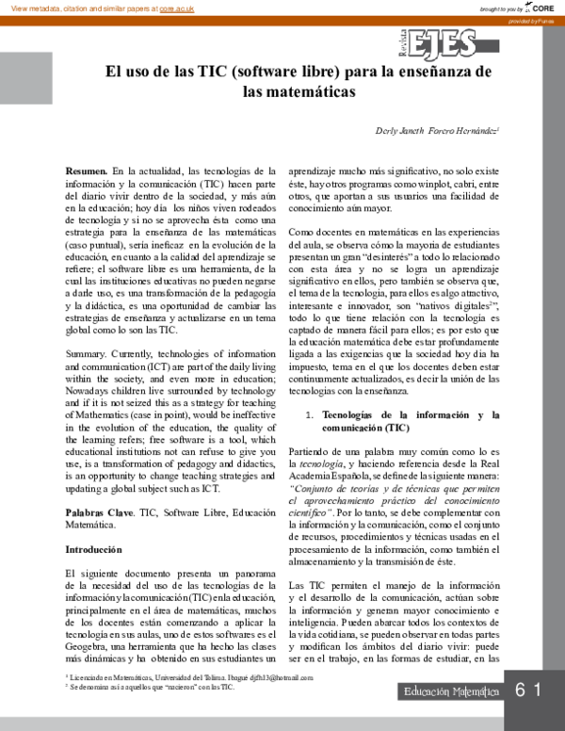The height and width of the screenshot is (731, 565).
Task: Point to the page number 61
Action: point(528,690)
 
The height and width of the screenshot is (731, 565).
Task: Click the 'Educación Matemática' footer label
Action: point(451,691)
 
